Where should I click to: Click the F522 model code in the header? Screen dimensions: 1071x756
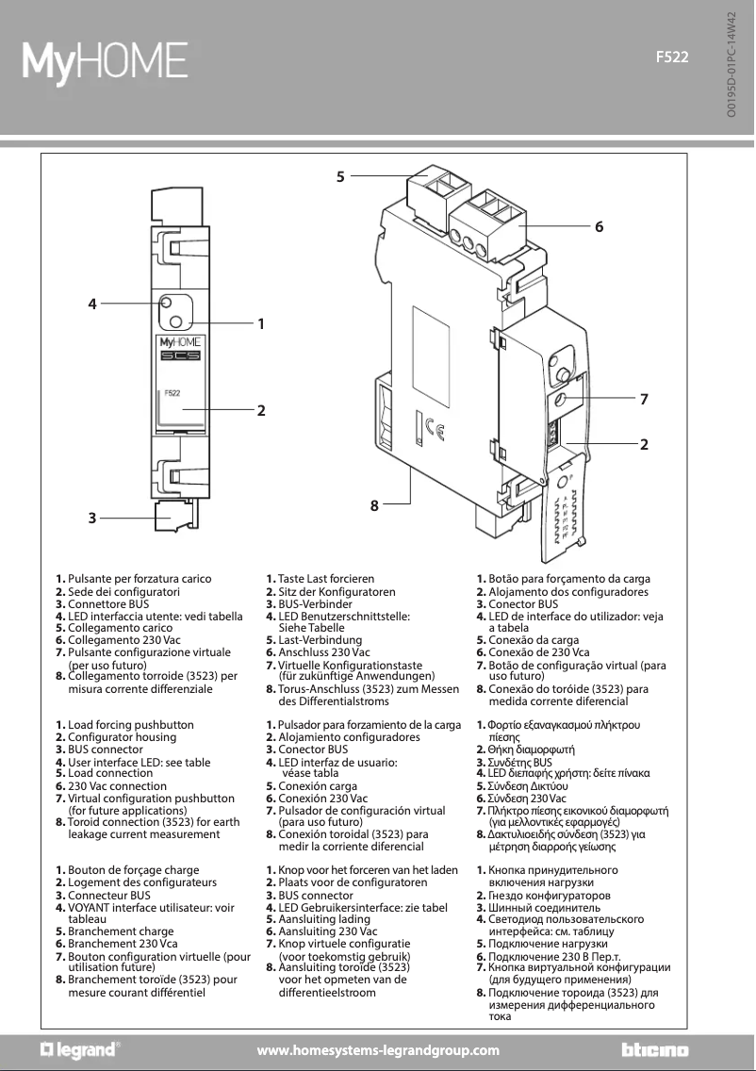673,57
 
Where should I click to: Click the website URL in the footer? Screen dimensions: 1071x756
378,1050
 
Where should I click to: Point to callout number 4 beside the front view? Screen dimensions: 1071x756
92,304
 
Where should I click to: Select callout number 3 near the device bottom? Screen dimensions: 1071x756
92,518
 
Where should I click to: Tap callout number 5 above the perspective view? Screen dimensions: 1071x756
340,174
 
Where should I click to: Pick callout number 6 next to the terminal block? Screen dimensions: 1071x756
598,227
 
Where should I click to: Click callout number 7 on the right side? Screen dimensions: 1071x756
644,400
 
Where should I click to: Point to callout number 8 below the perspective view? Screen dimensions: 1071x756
374,505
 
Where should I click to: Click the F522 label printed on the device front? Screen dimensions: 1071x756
173,392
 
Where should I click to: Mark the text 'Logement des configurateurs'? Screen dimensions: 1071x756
142,882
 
